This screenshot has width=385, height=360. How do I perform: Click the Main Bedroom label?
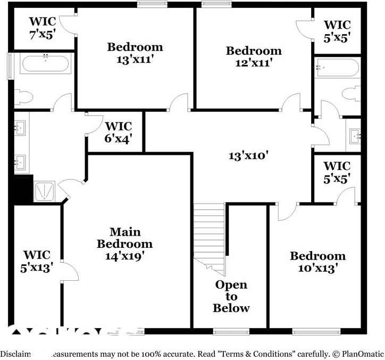point(125,238)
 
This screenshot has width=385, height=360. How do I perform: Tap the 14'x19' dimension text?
point(125,255)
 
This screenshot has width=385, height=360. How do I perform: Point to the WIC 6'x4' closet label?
point(118,132)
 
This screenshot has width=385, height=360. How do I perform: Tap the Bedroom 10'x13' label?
point(317,262)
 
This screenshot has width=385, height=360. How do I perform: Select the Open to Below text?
point(231,297)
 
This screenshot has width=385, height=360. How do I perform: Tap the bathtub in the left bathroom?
point(45,64)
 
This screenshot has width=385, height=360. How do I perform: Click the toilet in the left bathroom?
point(24,97)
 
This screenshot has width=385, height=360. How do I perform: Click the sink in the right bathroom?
point(355,136)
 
